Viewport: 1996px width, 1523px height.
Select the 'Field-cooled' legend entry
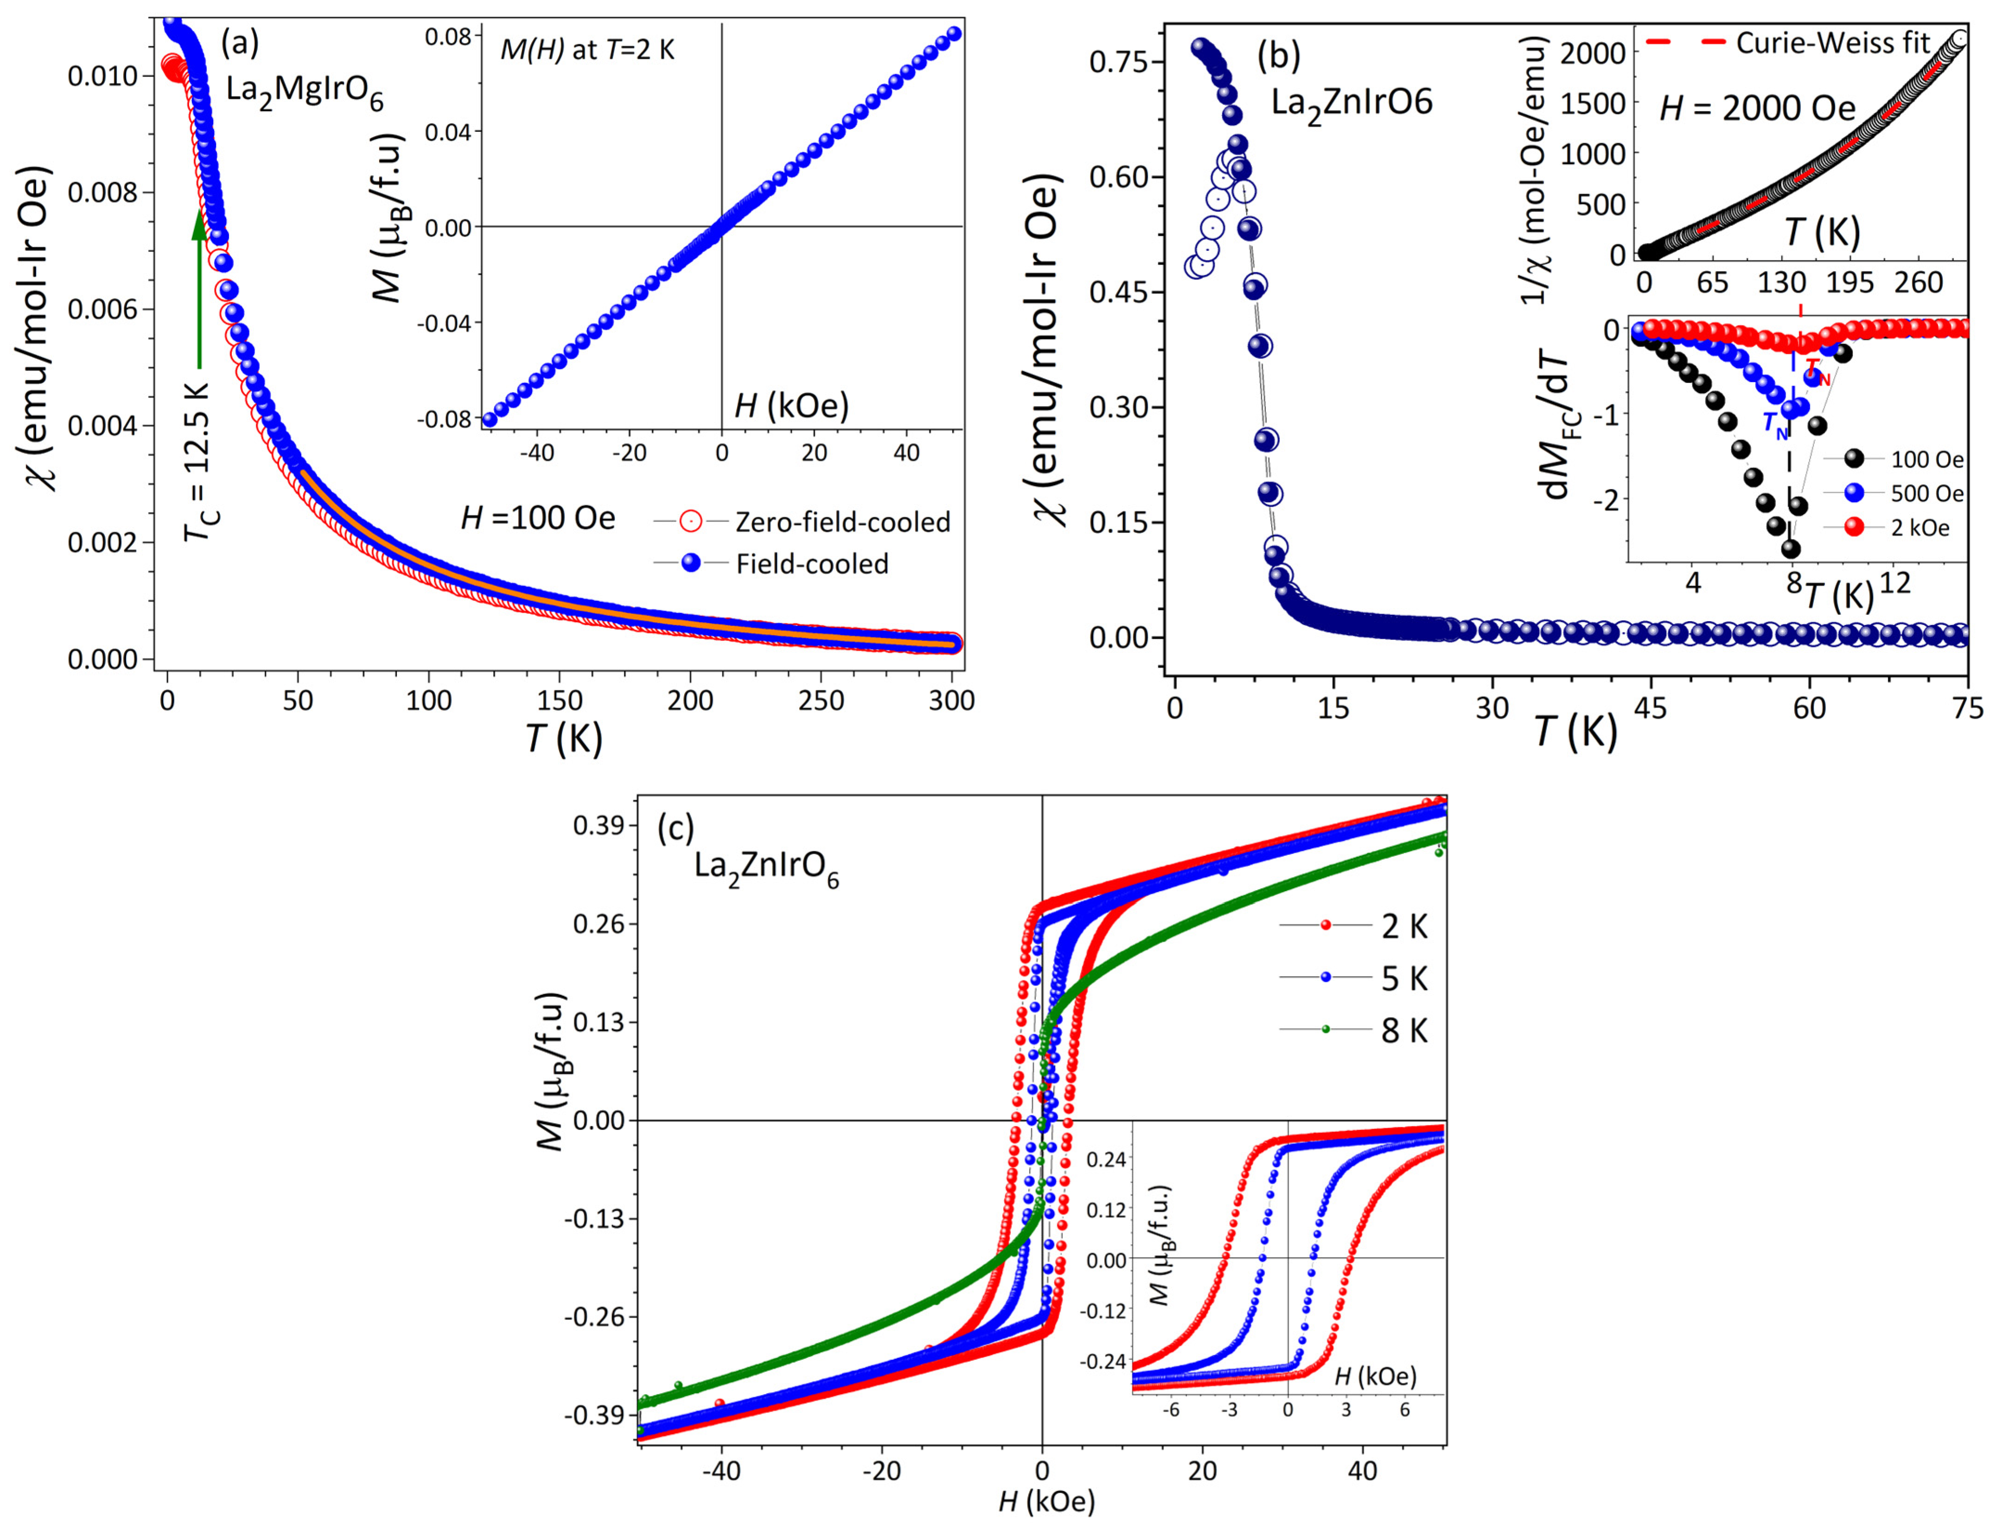(811, 564)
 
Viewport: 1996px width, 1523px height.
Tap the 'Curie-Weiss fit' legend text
(1831, 43)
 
